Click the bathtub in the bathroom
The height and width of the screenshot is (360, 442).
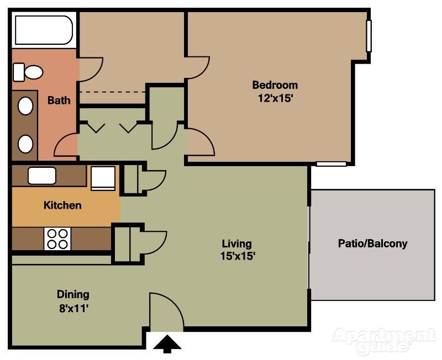pyautogui.click(x=44, y=30)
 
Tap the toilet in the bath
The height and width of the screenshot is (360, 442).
pyautogui.click(x=28, y=72)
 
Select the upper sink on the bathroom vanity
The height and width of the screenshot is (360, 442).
pyautogui.click(x=25, y=106)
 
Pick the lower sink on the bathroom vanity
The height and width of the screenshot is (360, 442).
pyautogui.click(x=25, y=144)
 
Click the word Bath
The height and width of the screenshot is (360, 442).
pyautogui.click(x=59, y=100)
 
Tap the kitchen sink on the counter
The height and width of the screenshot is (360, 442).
pyautogui.click(x=42, y=176)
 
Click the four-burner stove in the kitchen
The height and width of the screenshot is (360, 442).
pyautogui.click(x=57, y=239)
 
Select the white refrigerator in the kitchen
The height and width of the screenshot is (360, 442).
pyautogui.click(x=103, y=178)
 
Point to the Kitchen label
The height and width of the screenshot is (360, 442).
pyautogui.click(x=62, y=205)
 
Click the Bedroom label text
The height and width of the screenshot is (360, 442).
pyautogui.click(x=275, y=85)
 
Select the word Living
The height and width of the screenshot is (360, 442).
pyautogui.click(x=237, y=243)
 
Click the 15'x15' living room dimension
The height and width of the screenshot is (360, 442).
pyautogui.click(x=238, y=256)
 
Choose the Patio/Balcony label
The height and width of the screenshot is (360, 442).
pyautogui.click(x=372, y=243)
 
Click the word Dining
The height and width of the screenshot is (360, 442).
pyautogui.click(x=73, y=295)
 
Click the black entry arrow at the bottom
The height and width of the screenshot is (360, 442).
pyautogui.click(x=167, y=343)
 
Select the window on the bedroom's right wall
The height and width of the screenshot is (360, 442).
pyautogui.click(x=369, y=36)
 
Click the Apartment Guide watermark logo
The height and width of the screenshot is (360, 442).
pyautogui.click(x=383, y=340)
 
